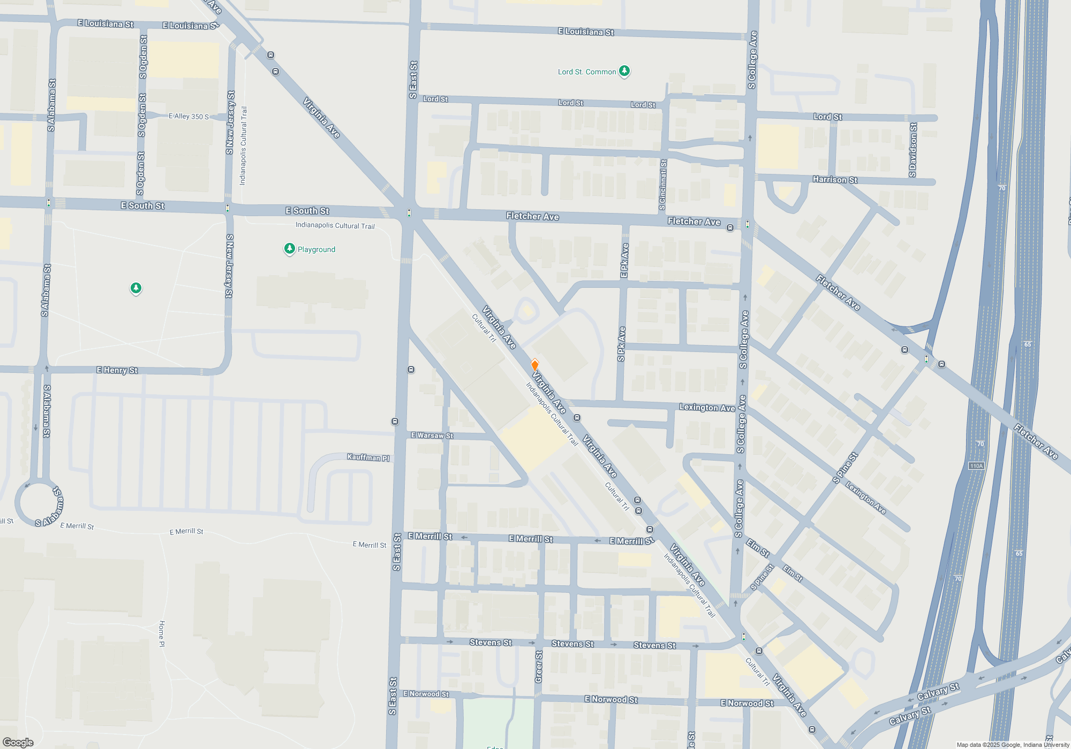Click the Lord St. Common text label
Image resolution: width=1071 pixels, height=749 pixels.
586,72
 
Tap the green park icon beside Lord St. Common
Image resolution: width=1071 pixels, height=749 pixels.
624,71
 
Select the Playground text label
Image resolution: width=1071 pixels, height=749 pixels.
316,249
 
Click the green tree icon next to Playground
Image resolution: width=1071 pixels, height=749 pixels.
289,249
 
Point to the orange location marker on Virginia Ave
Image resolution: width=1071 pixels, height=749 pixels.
534,365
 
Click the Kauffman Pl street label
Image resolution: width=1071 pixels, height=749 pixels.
368,457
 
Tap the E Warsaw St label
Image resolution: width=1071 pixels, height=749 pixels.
432,435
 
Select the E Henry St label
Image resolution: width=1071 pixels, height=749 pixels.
117,370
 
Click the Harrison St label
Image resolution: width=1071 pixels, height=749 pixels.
835,180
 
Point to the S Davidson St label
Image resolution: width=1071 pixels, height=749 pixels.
913,150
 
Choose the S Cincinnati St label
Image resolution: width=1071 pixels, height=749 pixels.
663,185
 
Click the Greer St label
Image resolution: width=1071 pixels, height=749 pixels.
539,667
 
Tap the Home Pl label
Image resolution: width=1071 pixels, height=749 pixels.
162,634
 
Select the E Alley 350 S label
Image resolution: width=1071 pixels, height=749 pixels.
188,116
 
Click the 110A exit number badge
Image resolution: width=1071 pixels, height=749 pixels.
976,466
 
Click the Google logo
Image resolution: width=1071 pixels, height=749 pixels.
18,743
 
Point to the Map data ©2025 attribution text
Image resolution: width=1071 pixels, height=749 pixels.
1013,745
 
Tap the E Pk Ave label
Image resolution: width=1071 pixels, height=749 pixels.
624,261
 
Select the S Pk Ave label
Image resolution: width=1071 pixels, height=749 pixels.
621,344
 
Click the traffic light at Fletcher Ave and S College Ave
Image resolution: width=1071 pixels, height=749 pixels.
747,225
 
